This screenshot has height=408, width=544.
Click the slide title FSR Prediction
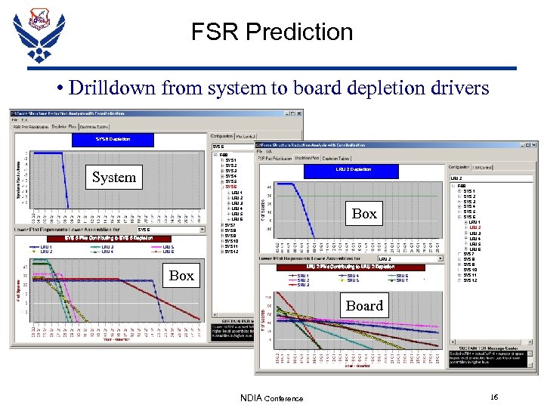click(272, 32)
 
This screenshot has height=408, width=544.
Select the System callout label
click(114, 178)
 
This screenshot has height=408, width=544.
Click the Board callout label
click(364, 305)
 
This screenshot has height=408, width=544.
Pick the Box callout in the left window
click(181, 275)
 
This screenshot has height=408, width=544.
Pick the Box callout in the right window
click(364, 214)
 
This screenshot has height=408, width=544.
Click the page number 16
click(494, 397)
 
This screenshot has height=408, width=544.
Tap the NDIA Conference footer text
click(272, 398)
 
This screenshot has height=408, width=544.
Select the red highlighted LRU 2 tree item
click(474, 227)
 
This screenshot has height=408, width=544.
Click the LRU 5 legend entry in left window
click(168, 247)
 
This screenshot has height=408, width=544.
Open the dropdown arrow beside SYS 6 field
click(202, 229)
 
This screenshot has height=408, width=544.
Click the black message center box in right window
click(488, 356)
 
